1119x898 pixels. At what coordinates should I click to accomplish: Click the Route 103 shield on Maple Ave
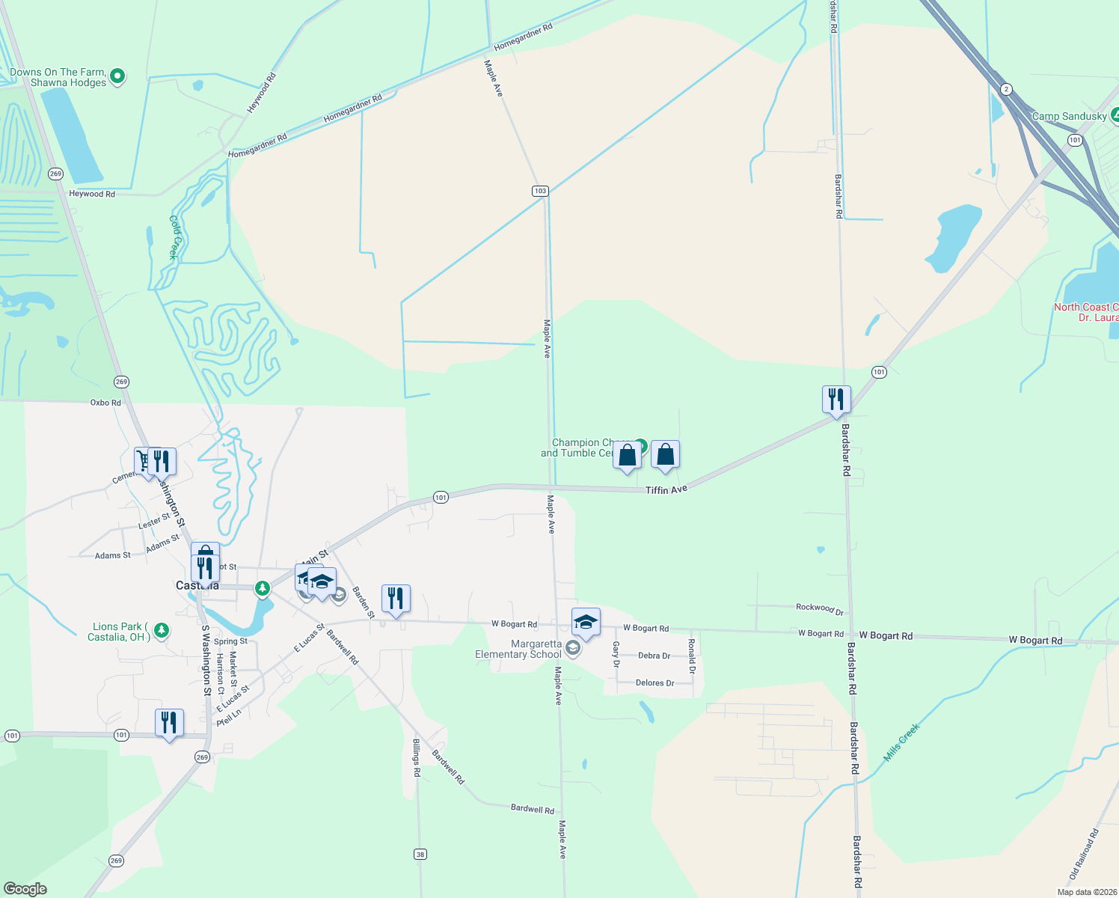click(x=540, y=191)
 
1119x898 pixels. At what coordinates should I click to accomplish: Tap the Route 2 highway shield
click(x=1006, y=90)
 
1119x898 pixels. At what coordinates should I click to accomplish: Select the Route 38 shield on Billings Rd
click(x=421, y=854)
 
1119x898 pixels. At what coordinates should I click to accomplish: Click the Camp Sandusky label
click(x=1069, y=116)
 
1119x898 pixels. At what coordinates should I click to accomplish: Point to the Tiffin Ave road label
click(x=666, y=489)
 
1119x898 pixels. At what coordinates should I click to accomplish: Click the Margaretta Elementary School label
click(x=518, y=649)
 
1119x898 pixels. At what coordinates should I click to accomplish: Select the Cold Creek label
click(x=174, y=237)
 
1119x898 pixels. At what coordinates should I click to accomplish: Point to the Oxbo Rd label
click(x=105, y=403)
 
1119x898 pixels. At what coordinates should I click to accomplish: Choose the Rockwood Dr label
click(x=820, y=608)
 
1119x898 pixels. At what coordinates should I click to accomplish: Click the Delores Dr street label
click(x=654, y=682)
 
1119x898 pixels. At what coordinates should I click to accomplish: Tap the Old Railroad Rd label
click(x=1084, y=853)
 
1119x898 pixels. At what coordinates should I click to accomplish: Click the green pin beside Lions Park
click(x=162, y=631)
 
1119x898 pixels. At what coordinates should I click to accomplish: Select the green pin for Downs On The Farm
click(x=117, y=76)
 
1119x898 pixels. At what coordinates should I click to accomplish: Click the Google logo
click(x=25, y=889)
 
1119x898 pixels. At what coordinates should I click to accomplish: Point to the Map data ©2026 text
click(x=1087, y=892)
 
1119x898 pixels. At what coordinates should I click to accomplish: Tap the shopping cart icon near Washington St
click(x=142, y=460)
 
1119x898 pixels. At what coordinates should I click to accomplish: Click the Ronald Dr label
click(x=692, y=656)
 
